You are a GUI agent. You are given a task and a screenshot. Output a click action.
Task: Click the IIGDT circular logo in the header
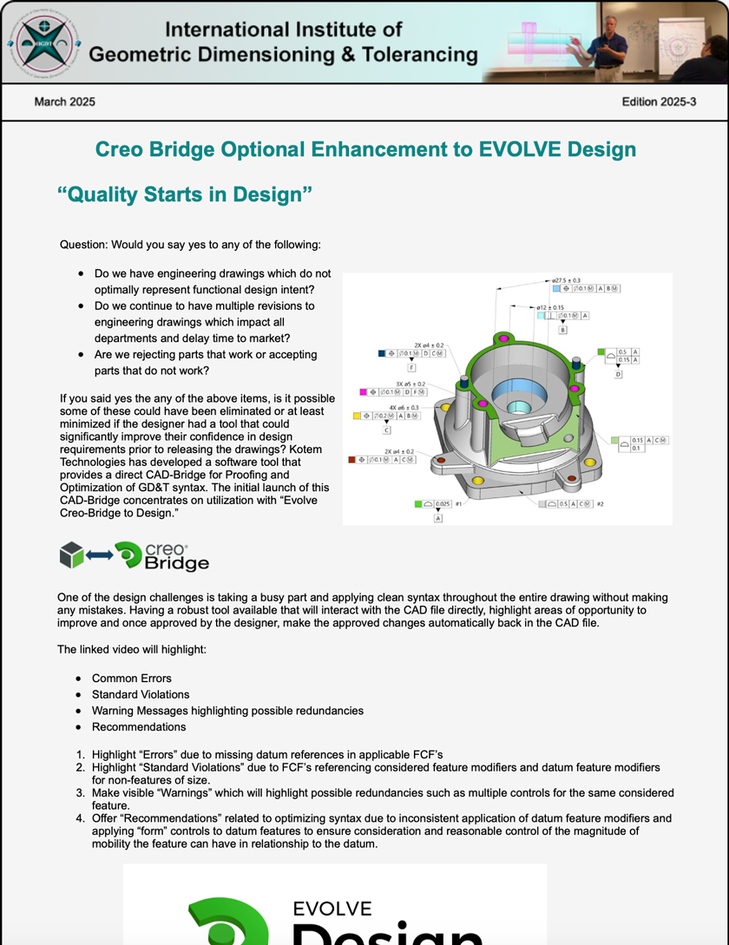coord(44,42)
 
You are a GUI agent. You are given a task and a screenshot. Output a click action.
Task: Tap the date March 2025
coord(65,102)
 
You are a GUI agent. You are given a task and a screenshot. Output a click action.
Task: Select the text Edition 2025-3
coord(659,102)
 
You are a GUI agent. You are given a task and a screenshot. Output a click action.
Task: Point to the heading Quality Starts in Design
coord(184,194)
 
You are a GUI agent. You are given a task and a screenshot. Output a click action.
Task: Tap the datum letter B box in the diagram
coord(562,330)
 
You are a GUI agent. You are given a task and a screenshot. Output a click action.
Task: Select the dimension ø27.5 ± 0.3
coord(566,280)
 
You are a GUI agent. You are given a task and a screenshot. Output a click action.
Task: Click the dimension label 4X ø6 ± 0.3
coord(404,407)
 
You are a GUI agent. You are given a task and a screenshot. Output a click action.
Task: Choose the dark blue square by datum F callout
coord(382,353)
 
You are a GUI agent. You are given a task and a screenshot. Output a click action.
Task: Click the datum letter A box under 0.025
coord(438,518)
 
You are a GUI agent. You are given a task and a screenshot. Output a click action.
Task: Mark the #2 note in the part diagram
coord(600,504)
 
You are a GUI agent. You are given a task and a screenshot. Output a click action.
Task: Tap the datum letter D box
coord(618,374)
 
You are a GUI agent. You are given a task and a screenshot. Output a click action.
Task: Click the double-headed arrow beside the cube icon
coord(99,555)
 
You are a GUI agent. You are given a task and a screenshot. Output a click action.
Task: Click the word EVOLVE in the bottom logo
coord(332,909)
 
